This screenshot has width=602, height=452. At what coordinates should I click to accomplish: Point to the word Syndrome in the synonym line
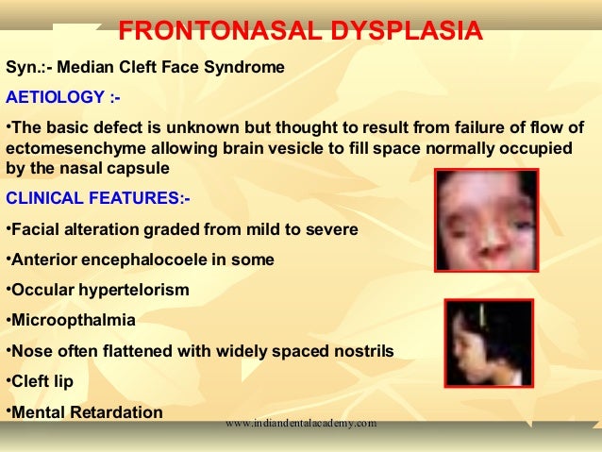coord(243,69)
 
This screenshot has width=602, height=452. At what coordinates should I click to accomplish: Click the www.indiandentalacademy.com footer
coord(301,424)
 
